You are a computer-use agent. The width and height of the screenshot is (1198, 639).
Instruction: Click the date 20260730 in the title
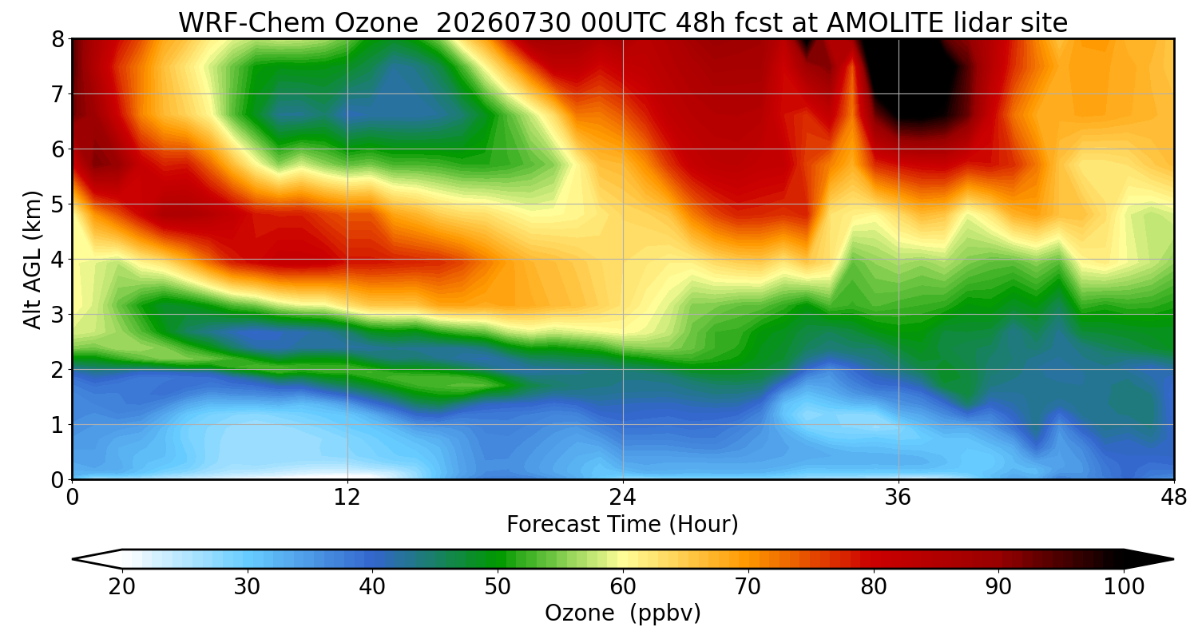pos(503,23)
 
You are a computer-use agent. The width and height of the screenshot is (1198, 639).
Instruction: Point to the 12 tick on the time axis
pos(347,498)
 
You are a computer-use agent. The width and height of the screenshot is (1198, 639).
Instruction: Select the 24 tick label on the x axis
pos(622,498)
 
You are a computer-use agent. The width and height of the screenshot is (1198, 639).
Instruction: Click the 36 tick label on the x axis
pos(898,498)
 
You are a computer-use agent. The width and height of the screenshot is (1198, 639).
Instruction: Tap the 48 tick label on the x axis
pos(1173,498)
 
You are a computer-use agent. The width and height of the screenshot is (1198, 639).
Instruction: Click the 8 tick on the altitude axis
pos(58,40)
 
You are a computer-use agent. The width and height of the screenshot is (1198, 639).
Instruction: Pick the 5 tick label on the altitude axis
pos(58,204)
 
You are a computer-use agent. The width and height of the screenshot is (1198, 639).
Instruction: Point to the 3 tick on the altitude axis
pos(58,315)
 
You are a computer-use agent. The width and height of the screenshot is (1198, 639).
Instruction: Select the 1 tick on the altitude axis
pos(58,425)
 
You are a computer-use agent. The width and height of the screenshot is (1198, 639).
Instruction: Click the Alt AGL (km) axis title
pos(32,260)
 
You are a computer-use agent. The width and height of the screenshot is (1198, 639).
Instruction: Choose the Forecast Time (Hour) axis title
pos(622,524)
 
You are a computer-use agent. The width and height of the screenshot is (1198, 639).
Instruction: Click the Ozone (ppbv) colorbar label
pos(622,613)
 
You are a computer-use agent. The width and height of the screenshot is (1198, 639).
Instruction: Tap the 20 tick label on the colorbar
pos(122,587)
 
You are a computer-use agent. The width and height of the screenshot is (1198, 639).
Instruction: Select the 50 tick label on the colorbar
pos(498,587)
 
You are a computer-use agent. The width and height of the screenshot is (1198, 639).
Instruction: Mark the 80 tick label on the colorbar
pos(874,587)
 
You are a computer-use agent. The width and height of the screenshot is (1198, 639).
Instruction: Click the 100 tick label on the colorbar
pos(1124,587)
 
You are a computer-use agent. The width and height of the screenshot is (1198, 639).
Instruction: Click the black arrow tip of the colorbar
pos(1172,559)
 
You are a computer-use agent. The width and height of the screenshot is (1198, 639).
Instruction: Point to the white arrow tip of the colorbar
pos(73,559)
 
